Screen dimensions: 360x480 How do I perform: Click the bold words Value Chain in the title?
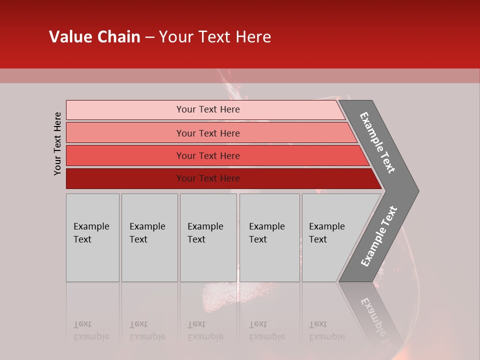coord(94,37)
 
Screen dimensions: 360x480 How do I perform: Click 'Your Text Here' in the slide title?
coord(215,37)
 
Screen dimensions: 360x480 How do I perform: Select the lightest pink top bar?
coord(125,110)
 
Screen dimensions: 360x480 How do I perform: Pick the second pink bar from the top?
coord(125,133)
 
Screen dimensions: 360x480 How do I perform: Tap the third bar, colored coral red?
coord(125,155)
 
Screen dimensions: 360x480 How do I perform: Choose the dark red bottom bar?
coord(125,178)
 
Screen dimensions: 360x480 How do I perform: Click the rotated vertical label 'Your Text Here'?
coord(57,143)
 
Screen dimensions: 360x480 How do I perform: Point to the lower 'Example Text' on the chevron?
coord(379,236)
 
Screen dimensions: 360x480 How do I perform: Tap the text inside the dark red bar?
coord(208,178)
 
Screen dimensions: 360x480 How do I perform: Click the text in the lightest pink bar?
coord(208,109)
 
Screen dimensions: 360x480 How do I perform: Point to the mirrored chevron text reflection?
coord(376,315)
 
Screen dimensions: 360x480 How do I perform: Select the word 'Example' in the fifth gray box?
coord(327,226)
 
